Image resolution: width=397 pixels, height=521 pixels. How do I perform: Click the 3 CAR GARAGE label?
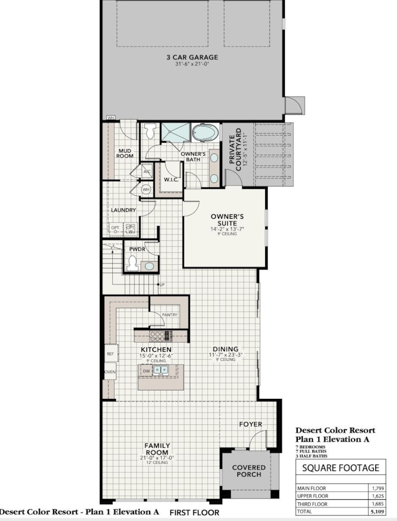coord(192,57)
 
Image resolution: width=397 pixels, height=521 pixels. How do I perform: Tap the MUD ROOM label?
coord(125,153)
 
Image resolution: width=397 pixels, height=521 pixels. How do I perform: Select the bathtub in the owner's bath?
coord(205,132)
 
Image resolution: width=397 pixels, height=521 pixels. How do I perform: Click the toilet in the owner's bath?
coord(150,131)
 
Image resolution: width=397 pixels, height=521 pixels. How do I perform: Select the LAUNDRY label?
coord(123,210)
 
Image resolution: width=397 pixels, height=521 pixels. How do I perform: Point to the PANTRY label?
coord(170,314)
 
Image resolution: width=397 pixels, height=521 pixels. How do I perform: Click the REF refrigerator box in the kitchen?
coord(111,353)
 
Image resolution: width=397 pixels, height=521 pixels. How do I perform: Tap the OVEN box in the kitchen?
coord(110,372)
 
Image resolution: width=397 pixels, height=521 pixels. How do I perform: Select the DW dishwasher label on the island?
coord(146,371)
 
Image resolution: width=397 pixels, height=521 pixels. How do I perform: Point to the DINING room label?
coord(225,350)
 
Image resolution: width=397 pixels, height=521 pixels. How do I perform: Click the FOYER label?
coord(251,424)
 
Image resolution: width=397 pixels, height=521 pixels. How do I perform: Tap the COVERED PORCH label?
coord(249,471)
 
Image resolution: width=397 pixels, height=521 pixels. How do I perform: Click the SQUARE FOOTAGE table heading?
coord(341,468)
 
